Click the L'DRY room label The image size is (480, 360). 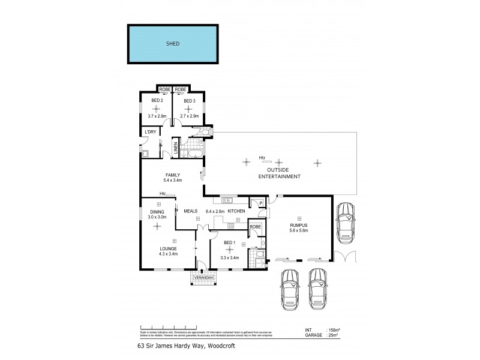point(149,131)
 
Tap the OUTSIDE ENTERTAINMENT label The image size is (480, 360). point(279,173)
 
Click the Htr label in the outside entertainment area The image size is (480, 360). point(262,158)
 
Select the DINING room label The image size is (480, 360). point(157,211)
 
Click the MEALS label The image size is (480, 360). point(191,211)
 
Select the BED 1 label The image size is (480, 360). point(229,242)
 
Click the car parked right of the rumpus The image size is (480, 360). point(345,221)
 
